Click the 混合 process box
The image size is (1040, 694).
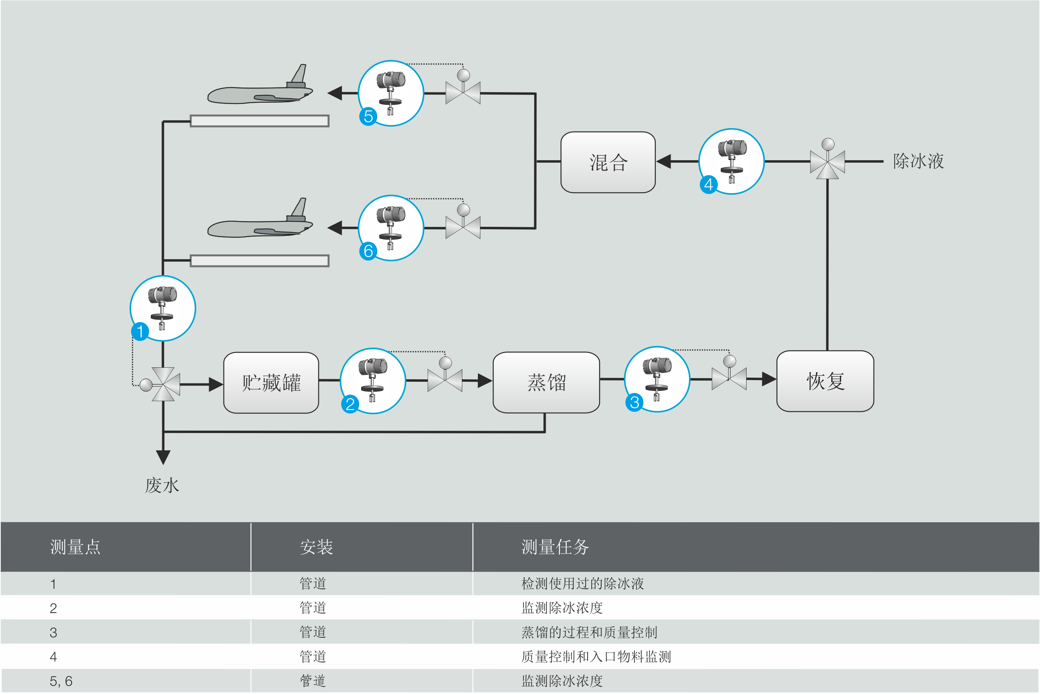pos(608,162)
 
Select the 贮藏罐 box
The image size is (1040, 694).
pos(271,383)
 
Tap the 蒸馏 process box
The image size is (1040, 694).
pos(546,383)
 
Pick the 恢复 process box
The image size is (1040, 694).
pos(825,381)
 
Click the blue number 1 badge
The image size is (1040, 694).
pos(140,332)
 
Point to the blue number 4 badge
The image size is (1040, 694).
pos(708,184)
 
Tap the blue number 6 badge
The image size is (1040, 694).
pos(368,251)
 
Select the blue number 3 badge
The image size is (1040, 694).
pos(634,402)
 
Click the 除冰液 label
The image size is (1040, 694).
pos(918,161)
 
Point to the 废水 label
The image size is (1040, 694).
pos(162,486)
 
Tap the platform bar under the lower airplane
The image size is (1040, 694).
pos(259,261)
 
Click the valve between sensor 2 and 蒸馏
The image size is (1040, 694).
pos(445,380)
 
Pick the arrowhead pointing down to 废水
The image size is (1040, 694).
pos(163,457)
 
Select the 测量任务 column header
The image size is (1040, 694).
pos(555,547)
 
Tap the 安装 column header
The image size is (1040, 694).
pos(316,547)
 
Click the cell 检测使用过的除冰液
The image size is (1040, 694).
pos(582,584)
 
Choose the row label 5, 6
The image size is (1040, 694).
pos(61,681)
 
